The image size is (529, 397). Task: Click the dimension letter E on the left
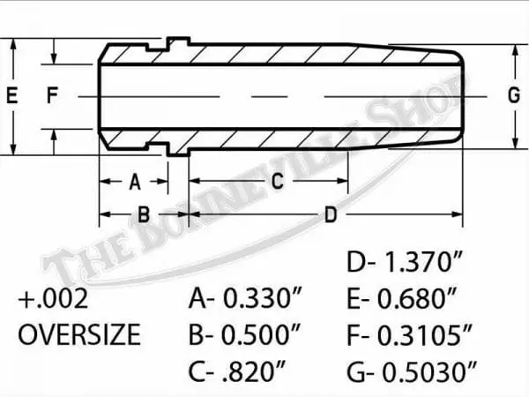tap(11, 97)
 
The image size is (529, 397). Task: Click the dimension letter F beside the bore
tap(53, 97)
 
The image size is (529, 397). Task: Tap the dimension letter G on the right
tap(513, 97)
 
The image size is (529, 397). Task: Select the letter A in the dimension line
tap(135, 182)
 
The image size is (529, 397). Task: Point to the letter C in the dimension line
tap(276, 182)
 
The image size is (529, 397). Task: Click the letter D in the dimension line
tap(331, 214)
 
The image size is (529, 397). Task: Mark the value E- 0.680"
tap(401, 300)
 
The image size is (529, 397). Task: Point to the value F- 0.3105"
tap(409, 335)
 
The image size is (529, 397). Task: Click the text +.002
tap(53, 300)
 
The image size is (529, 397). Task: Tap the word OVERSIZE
tap(79, 335)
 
